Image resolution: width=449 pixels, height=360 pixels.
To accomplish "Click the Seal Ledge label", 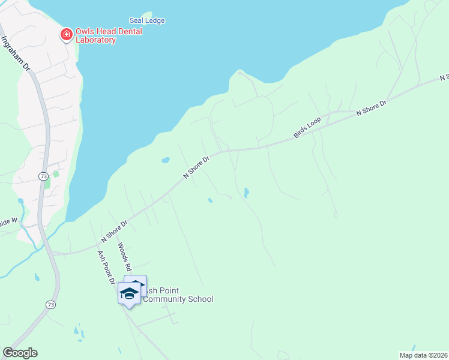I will (x=147, y=20).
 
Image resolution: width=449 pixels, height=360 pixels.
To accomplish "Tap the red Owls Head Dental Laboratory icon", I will (x=65, y=35).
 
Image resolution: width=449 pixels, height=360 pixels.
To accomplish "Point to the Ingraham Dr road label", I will (x=16, y=55).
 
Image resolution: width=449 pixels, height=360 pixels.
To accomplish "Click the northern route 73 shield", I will (x=43, y=176).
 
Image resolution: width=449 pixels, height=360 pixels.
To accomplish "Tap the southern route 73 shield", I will (x=50, y=305).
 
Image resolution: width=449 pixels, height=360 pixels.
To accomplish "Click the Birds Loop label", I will (x=307, y=128).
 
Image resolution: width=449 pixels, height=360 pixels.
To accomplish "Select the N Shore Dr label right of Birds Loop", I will (x=371, y=108).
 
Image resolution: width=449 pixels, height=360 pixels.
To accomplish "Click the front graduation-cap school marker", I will (x=129, y=294).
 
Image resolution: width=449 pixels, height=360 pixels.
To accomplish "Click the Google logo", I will (x=20, y=353).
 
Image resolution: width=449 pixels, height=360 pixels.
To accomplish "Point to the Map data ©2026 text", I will (x=423, y=355).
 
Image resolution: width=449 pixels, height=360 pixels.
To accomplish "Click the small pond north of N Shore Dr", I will (x=165, y=160).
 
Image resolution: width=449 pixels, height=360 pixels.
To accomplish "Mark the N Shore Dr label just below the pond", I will (x=197, y=167).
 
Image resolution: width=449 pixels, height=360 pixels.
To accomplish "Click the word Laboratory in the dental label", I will (x=95, y=40).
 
